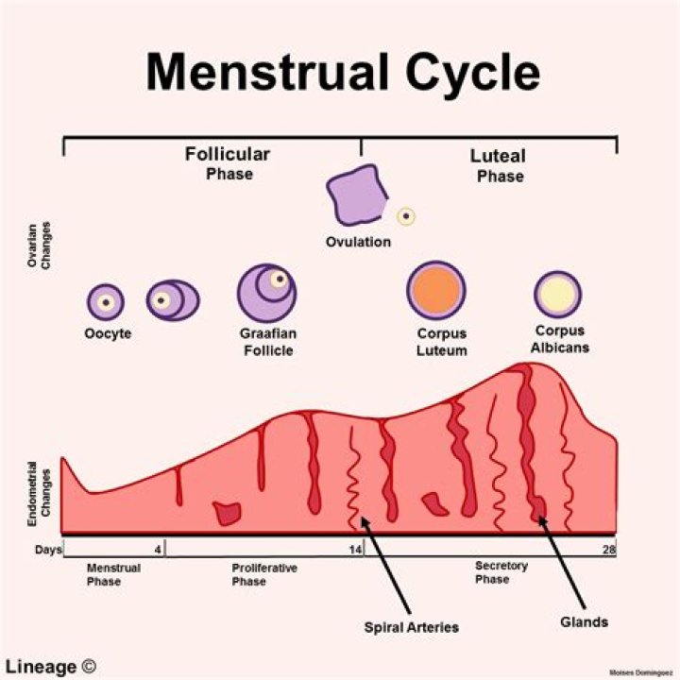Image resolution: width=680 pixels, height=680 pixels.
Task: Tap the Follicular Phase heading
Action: (x=228, y=162)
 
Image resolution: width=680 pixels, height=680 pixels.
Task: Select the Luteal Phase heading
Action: (x=499, y=165)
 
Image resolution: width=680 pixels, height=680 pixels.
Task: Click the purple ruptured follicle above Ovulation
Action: (x=357, y=195)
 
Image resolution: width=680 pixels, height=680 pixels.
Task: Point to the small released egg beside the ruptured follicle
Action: (x=406, y=216)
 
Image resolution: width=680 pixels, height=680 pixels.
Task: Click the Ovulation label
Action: (x=358, y=242)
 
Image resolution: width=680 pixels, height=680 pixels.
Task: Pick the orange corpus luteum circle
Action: (x=435, y=289)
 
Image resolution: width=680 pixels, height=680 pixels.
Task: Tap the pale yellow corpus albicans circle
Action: (x=557, y=293)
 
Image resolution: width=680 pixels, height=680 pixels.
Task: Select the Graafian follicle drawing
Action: (x=266, y=290)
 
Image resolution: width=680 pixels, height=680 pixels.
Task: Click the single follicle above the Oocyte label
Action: (x=106, y=302)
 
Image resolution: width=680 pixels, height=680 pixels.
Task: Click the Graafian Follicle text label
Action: (x=266, y=342)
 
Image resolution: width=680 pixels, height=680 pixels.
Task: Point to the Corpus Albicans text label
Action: (x=559, y=339)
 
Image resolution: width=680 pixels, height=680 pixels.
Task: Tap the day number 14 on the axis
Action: (x=355, y=549)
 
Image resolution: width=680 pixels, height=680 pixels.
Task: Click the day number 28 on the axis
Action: (x=608, y=549)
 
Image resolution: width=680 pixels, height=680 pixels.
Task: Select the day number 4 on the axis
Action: (x=158, y=549)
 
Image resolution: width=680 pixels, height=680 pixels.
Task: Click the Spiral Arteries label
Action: (x=411, y=625)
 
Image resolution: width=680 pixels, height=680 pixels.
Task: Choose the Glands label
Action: (x=583, y=622)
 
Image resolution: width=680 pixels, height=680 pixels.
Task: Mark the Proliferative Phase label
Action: (x=264, y=574)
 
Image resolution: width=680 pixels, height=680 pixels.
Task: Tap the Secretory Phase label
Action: (x=501, y=572)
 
